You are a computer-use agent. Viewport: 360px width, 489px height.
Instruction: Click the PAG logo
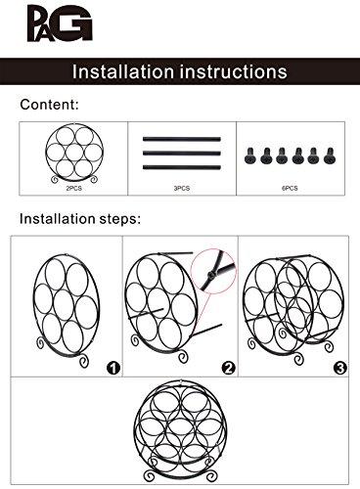pyautogui.click(x=60, y=23)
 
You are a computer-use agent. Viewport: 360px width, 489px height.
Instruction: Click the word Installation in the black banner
pyautogui.click(x=123, y=71)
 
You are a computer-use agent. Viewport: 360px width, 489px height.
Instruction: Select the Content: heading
pyautogui.click(x=49, y=105)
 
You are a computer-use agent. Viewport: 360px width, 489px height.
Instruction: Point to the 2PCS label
pyautogui.click(x=74, y=189)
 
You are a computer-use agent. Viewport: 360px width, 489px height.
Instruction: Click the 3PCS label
pyautogui.click(x=182, y=189)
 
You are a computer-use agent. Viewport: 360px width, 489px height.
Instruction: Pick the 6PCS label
pyautogui.click(x=290, y=189)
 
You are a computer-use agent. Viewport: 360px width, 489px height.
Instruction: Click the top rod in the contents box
pyautogui.click(x=182, y=139)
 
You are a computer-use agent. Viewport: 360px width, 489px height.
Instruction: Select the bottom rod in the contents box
pyautogui.click(x=182, y=167)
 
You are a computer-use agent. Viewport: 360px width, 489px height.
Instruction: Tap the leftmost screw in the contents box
pyautogui.click(x=250, y=156)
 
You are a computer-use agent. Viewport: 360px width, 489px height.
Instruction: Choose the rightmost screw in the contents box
pyautogui.click(x=330, y=156)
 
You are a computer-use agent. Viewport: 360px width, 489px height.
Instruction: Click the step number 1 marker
pyautogui.click(x=113, y=368)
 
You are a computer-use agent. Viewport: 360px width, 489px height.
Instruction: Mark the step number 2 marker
pyautogui.click(x=228, y=368)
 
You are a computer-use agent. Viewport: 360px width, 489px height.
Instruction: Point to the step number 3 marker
pyautogui.click(x=340, y=368)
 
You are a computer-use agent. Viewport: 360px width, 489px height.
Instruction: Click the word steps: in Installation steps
pyautogui.click(x=120, y=219)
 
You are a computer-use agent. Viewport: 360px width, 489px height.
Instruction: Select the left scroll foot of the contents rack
pyautogui.click(x=55, y=179)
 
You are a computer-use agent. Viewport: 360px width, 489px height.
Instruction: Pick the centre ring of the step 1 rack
pyautogui.click(x=54, y=306)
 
